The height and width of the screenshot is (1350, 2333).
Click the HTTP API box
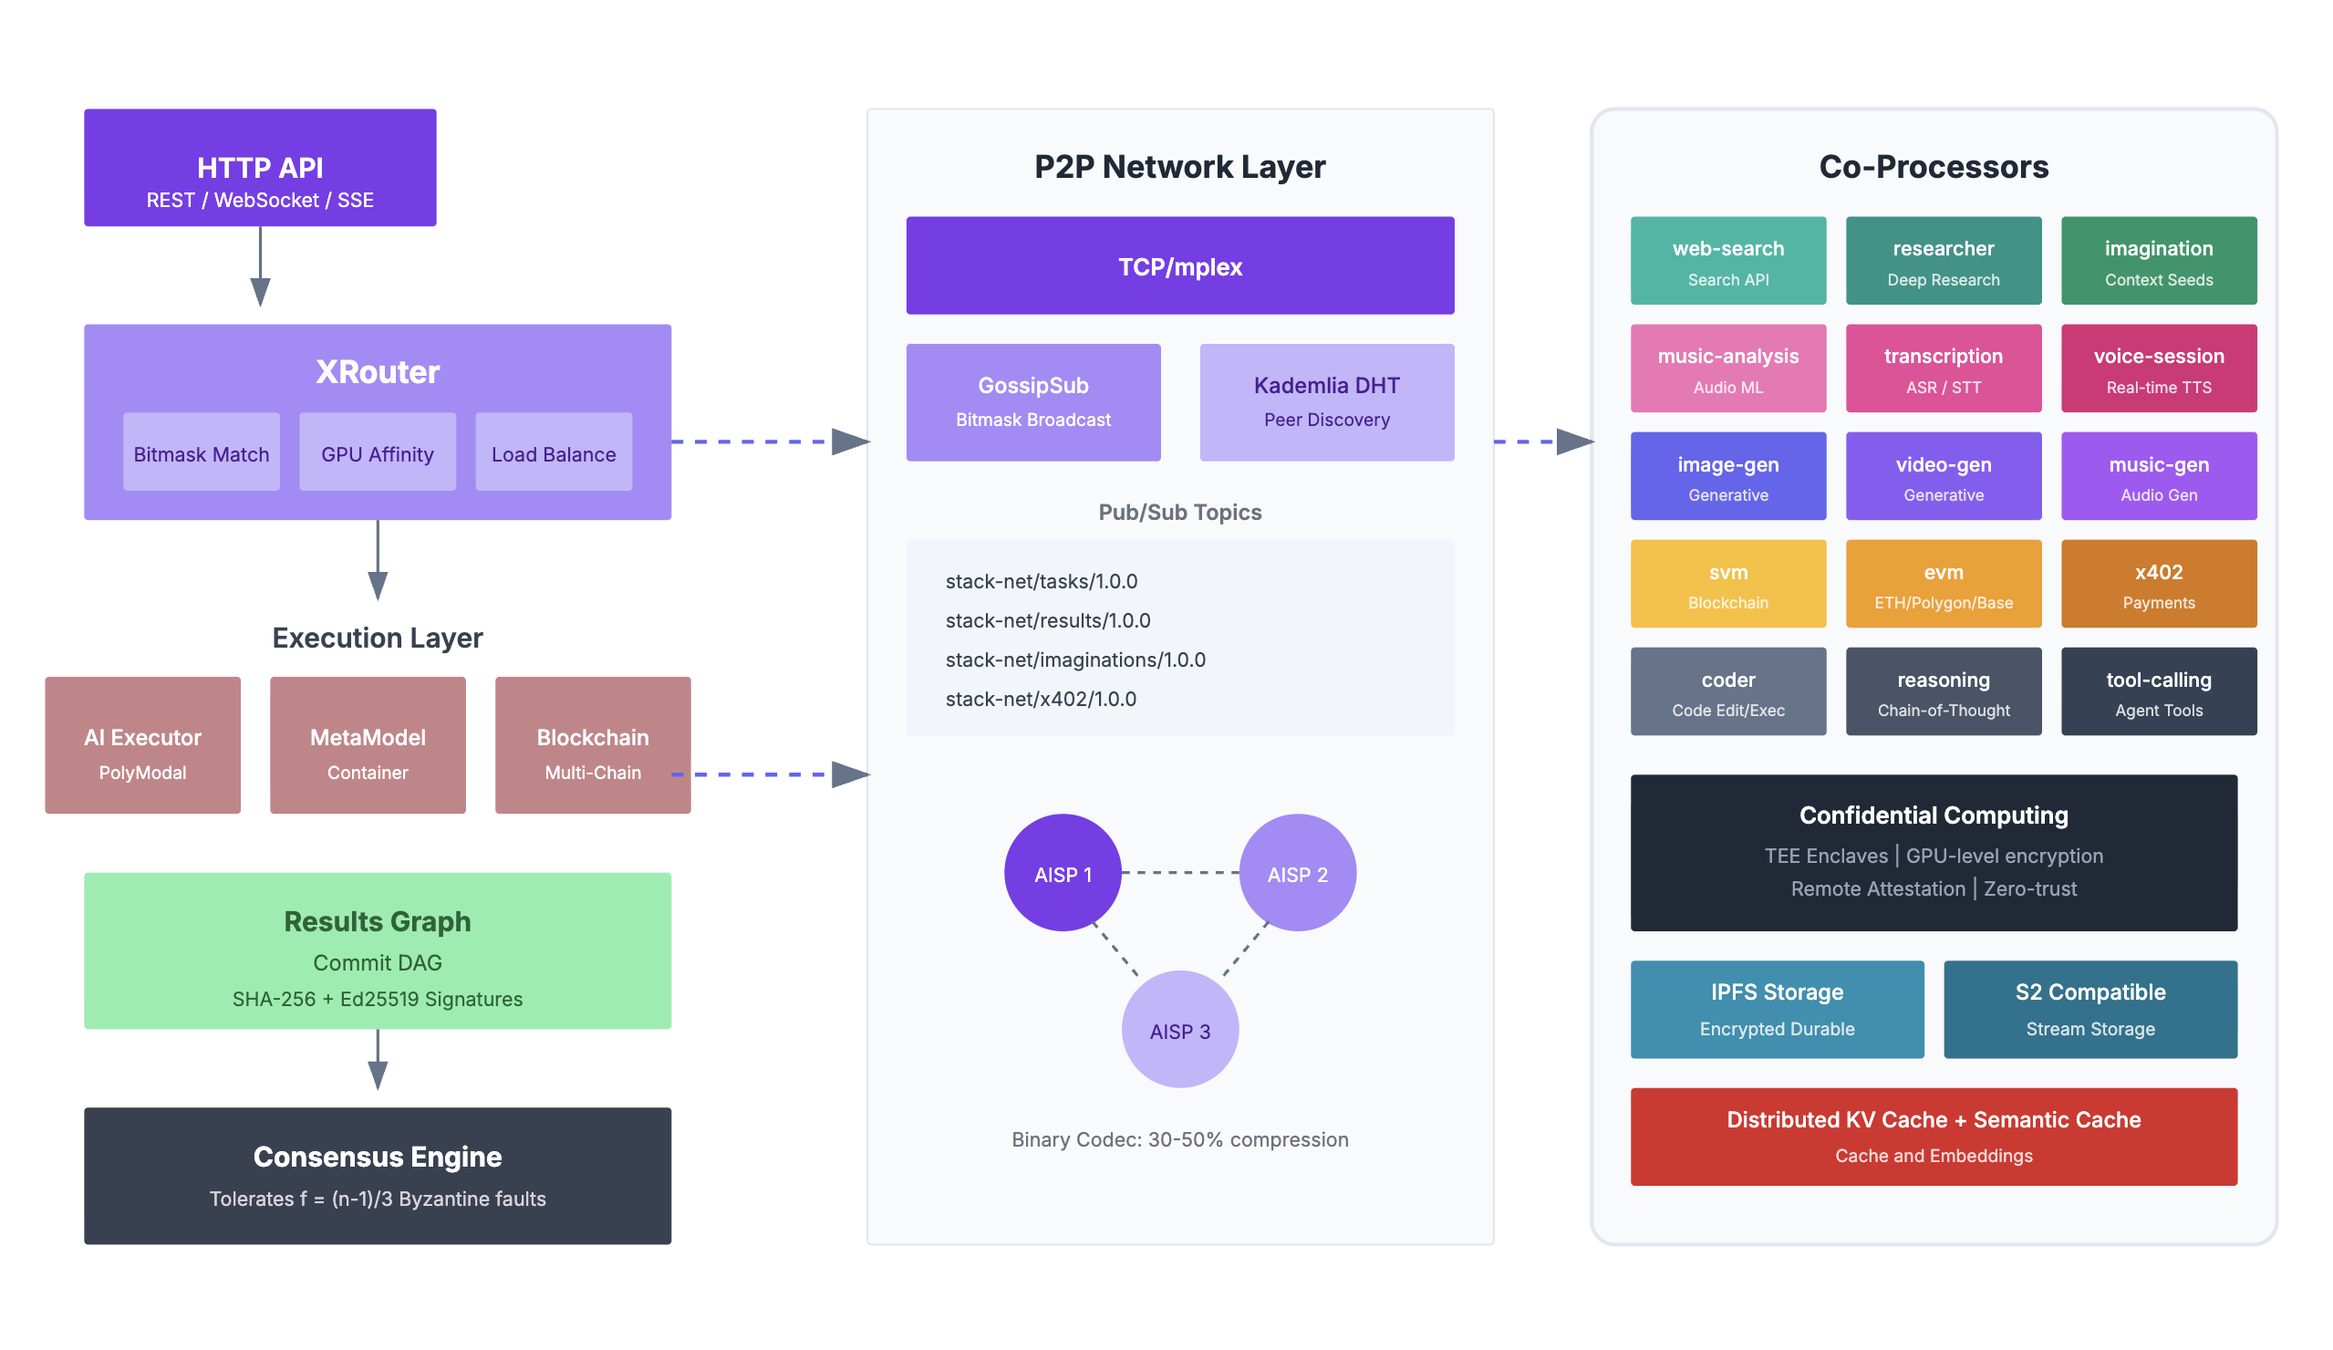[x=260, y=168]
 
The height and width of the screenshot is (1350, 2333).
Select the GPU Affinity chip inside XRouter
[x=377, y=452]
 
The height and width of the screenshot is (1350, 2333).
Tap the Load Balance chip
[x=554, y=452]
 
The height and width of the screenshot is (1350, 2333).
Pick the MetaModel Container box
[x=368, y=745]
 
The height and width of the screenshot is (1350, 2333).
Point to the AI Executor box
[x=142, y=745]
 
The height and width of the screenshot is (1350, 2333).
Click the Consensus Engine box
[x=377, y=1176]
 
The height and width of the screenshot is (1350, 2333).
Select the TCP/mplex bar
[x=1179, y=265]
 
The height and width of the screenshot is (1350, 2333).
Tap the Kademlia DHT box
[x=1326, y=402]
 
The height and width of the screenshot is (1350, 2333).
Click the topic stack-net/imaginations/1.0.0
[x=1075, y=660]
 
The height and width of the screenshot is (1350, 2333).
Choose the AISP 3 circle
[x=1179, y=1030]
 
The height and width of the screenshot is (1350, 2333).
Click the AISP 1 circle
[x=1062, y=873]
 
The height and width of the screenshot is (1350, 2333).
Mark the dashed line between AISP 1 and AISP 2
[x=1179, y=872]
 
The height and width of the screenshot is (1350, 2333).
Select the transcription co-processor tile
[x=1944, y=369]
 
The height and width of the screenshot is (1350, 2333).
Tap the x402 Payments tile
[x=2158, y=585]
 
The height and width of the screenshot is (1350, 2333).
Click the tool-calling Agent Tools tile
[x=2158, y=691]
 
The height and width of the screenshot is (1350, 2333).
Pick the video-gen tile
[x=1944, y=476]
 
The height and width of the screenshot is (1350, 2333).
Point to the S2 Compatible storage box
[x=2089, y=1009]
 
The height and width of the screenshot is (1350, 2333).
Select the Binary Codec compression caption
[x=1179, y=1140]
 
